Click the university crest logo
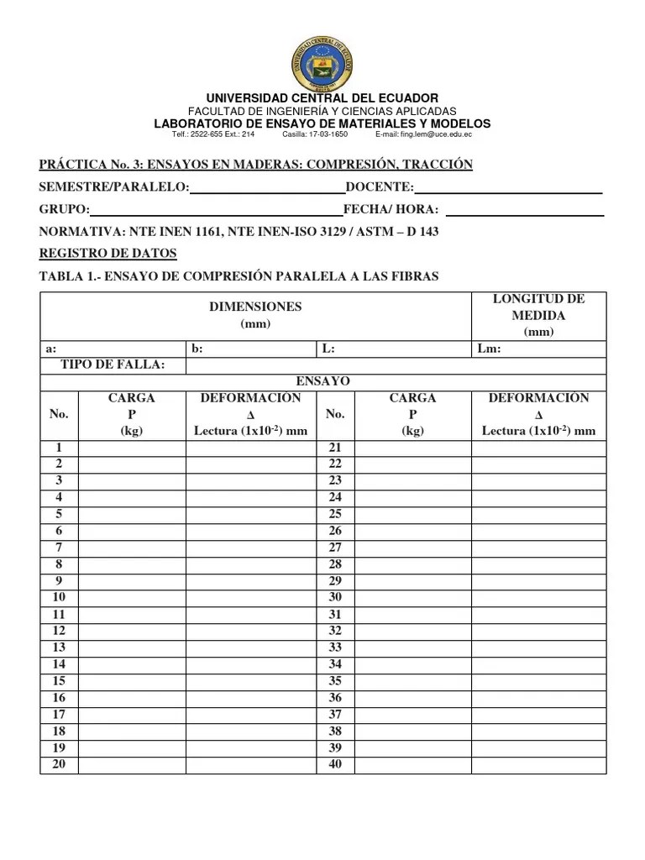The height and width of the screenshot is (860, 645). pos(322,57)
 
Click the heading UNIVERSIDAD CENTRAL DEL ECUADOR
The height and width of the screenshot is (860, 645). pos(322,98)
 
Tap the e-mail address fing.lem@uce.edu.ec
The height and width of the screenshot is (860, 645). pos(423,134)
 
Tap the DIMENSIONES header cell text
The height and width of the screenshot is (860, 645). pos(255,307)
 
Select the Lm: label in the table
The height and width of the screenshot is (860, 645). pos(489,349)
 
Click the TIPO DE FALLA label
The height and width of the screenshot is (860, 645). pos(113,364)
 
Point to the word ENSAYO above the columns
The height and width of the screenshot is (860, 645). pos(322,381)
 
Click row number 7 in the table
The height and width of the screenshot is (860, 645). pos(59,547)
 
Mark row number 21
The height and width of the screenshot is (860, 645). pos(335,448)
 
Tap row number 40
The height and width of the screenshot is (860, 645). pos(335,764)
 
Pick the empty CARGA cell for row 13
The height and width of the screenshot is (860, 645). pos(132,647)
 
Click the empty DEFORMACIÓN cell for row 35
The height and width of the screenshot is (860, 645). pos(538,681)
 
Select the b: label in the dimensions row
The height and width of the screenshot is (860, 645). pos(197,349)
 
